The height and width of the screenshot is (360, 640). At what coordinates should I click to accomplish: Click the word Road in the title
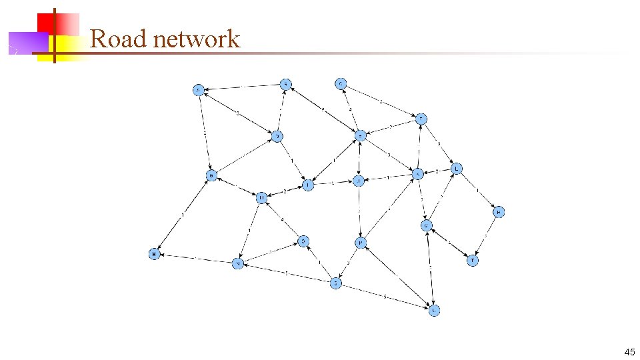pyautogui.click(x=118, y=39)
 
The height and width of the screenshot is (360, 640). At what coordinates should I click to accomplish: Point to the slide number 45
pyautogui.click(x=629, y=351)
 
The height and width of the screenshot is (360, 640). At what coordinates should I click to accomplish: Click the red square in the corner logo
pyautogui.click(x=53, y=25)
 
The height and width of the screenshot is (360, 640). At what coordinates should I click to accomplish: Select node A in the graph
pyautogui.click(x=198, y=90)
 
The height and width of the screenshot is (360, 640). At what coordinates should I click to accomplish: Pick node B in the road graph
pyautogui.click(x=285, y=84)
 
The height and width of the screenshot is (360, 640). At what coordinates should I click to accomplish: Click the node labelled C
pyautogui.click(x=341, y=83)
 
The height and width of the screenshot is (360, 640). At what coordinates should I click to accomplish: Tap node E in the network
pyautogui.click(x=360, y=135)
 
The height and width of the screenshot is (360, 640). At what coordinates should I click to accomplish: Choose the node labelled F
pyautogui.click(x=421, y=119)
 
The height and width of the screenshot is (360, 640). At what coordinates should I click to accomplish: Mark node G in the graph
pyautogui.click(x=211, y=175)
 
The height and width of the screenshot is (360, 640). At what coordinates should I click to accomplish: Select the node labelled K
pyautogui.click(x=418, y=175)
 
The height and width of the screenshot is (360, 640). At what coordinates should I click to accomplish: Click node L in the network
pyautogui.click(x=457, y=169)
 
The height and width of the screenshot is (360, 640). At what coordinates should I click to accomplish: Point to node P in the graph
pyautogui.click(x=360, y=243)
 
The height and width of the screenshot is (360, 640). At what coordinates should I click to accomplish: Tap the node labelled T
pyautogui.click(x=472, y=261)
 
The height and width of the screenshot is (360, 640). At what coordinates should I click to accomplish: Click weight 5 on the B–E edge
pyautogui.click(x=323, y=109)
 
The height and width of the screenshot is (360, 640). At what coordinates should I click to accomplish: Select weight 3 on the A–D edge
pyautogui.click(x=238, y=113)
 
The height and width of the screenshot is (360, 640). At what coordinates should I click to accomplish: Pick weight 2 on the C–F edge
pyautogui.click(x=381, y=101)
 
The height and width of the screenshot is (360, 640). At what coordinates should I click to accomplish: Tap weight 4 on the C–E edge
pyautogui.click(x=350, y=109)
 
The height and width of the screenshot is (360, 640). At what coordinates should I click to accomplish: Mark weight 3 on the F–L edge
pyautogui.click(x=439, y=143)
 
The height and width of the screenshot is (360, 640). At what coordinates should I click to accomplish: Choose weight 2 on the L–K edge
pyautogui.click(x=437, y=171)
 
